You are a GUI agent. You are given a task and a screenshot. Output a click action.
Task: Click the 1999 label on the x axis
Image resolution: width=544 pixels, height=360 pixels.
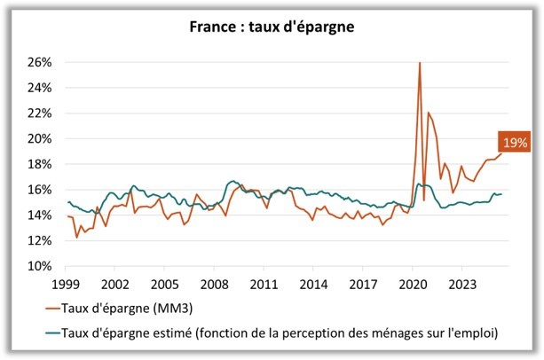point(67,284)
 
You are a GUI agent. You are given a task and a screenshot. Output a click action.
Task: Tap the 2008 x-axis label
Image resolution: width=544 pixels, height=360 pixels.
point(213,284)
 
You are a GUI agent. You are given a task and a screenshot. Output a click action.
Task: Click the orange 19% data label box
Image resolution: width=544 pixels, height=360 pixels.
point(515,142)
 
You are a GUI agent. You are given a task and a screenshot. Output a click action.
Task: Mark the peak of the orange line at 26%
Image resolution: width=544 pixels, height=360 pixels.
point(419,63)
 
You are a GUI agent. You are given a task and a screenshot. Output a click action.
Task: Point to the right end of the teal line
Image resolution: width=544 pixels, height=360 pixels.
point(502,194)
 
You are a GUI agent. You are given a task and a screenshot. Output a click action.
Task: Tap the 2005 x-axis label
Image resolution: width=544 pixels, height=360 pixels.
point(164,284)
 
